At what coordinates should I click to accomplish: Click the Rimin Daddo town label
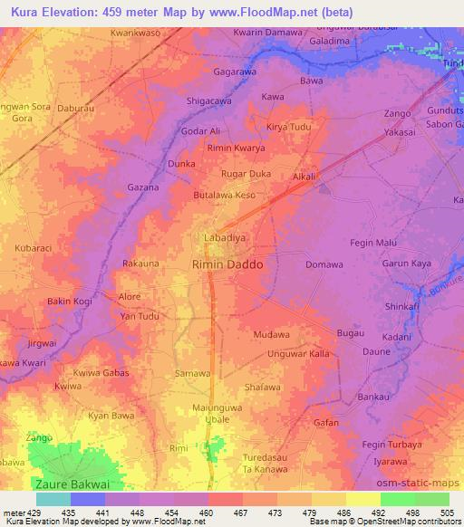coord(227,265)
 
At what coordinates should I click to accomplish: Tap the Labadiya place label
coord(221,240)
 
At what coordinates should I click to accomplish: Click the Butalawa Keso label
coord(224,195)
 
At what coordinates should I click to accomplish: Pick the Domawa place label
coord(324,264)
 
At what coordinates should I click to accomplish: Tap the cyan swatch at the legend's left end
coord(53,499)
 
